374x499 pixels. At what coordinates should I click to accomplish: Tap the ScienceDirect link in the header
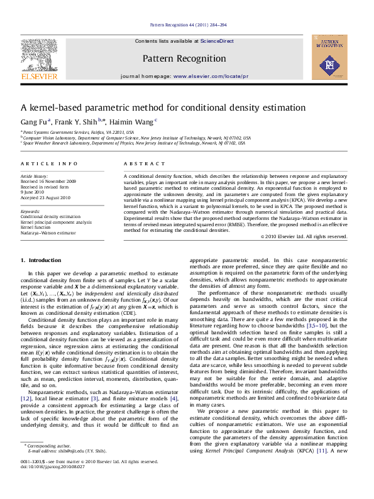[217, 41]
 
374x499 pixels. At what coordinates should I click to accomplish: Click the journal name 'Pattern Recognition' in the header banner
[184, 59]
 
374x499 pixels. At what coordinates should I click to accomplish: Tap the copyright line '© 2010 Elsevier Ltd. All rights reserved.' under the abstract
[304, 237]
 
